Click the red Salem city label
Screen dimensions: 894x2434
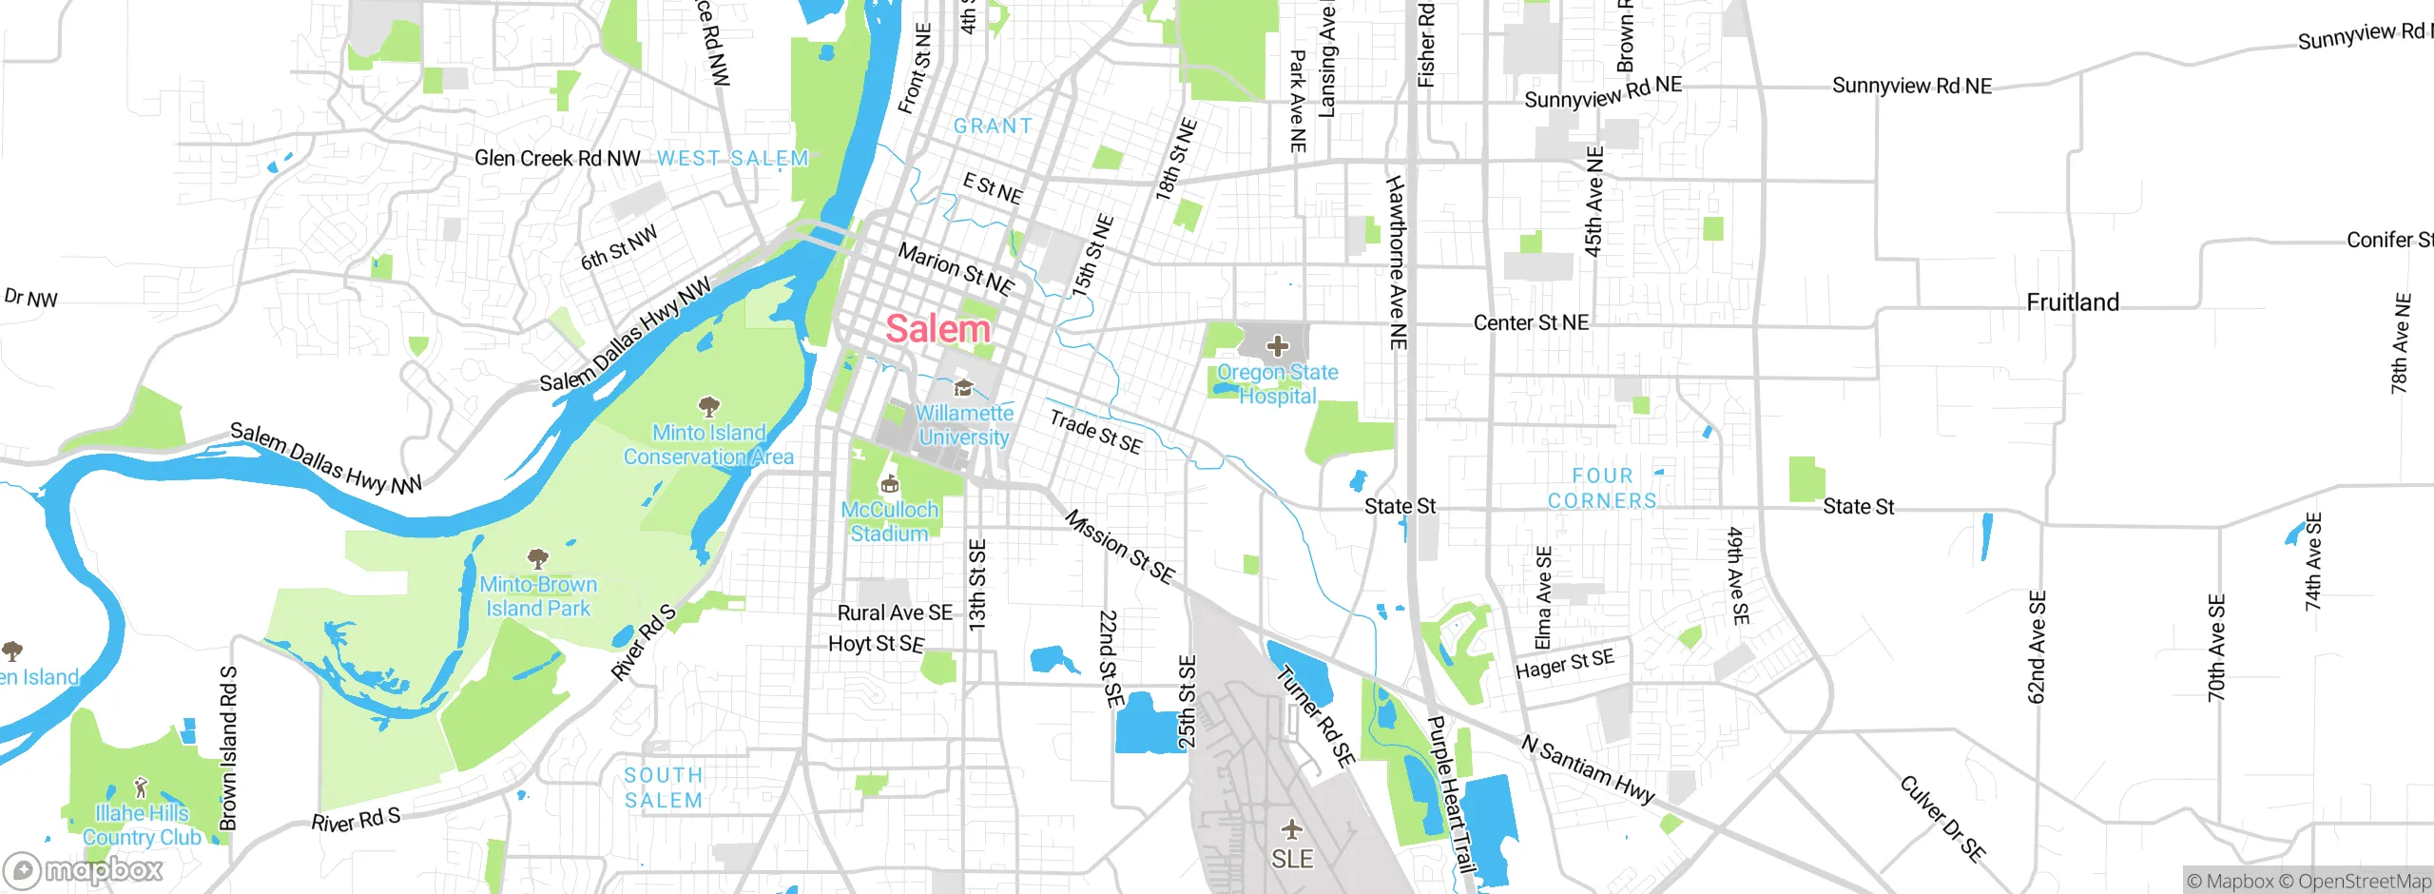click(937, 329)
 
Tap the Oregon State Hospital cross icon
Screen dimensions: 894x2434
click(1278, 346)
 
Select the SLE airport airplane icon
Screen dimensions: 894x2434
click(1291, 829)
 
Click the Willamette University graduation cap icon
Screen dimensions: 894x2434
click(963, 388)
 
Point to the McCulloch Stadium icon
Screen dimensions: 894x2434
click(890, 485)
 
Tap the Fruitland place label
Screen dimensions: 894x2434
click(2073, 302)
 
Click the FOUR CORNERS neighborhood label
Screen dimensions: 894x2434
click(1602, 488)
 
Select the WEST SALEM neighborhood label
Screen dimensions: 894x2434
click(732, 159)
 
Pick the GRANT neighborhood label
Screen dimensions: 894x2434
click(993, 126)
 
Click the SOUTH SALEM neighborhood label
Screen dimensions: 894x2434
click(664, 788)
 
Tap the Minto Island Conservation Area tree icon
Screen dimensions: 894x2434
click(708, 408)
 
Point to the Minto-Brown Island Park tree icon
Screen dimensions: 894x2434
click(538, 558)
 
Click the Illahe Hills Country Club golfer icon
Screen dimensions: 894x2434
click(142, 788)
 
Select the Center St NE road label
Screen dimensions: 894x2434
click(1531, 323)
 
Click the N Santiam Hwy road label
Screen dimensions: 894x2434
click(1588, 769)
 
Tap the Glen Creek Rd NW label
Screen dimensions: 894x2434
click(557, 159)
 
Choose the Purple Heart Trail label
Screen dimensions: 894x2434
click(1451, 794)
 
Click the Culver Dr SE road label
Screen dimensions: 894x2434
click(1942, 818)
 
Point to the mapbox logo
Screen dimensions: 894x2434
click(84, 869)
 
